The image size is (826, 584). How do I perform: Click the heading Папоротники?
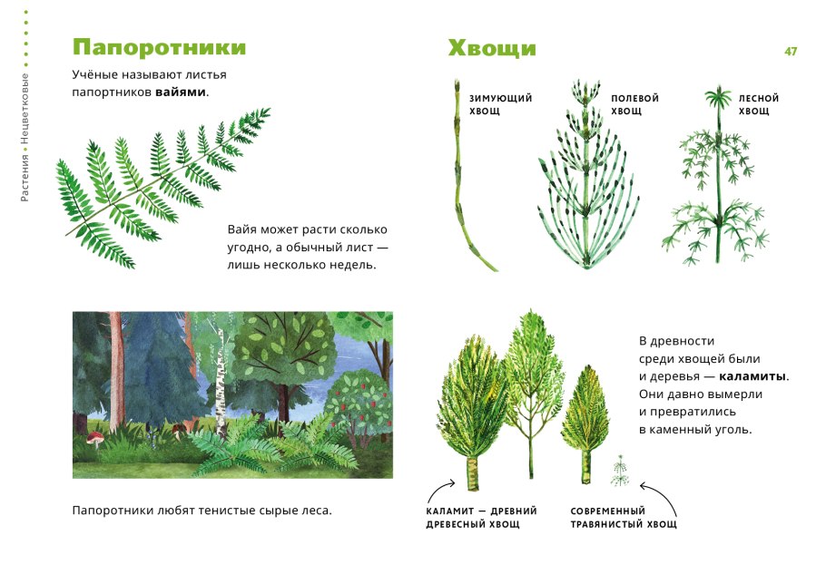pos(159,47)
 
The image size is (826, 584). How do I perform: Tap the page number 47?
pos(791,52)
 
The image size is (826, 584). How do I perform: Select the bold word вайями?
pos(181,92)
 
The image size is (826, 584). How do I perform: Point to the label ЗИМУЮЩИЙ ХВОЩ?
pos(500,104)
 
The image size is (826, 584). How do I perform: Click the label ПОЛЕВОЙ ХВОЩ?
pos(634,104)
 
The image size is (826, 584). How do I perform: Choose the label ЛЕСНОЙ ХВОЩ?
pos(758,104)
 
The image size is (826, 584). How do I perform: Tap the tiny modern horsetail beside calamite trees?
pos(621,470)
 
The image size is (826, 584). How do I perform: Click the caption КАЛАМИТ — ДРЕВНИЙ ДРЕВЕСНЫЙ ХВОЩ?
pos(481,518)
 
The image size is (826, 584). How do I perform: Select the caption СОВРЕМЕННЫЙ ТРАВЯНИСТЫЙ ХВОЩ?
pos(623,518)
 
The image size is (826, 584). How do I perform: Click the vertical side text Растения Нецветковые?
pos(25,136)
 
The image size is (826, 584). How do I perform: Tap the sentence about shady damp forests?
pos(202,511)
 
